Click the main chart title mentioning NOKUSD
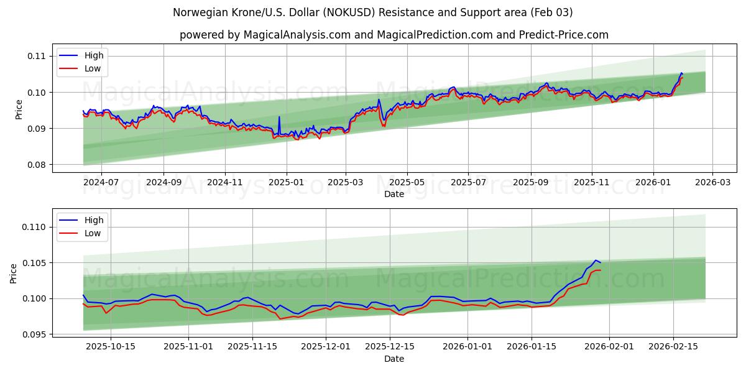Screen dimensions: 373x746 point(373,12)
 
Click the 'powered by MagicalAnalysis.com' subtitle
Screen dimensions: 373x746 point(394,35)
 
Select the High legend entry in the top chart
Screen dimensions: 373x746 point(94,56)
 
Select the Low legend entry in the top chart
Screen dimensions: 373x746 point(92,68)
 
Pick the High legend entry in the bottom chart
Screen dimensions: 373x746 point(94,220)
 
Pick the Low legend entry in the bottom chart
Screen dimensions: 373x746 point(92,233)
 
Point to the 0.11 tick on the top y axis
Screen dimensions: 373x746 point(37,56)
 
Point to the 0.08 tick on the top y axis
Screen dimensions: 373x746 point(37,165)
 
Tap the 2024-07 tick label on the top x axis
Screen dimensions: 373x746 point(101,183)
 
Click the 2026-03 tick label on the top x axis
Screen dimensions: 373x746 point(712,183)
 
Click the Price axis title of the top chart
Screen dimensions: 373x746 point(19,109)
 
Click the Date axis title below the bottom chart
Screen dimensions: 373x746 point(394,359)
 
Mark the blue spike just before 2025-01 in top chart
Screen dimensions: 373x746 point(279,117)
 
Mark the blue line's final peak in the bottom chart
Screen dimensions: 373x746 point(595,260)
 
